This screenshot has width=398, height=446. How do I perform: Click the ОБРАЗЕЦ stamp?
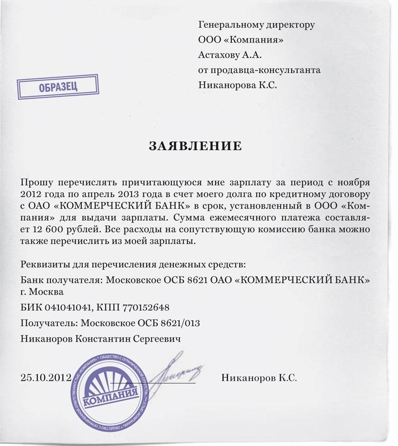[58, 87]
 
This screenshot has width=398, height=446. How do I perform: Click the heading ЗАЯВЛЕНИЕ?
[195, 146]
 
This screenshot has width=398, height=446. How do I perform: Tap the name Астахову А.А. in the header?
[230, 54]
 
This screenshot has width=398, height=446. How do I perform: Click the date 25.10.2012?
[46, 378]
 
